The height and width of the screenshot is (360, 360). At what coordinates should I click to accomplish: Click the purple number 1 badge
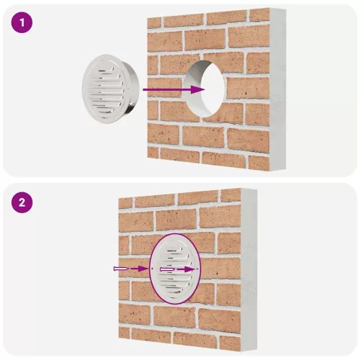[22, 22]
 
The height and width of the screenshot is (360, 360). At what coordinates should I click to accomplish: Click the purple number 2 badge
[22, 202]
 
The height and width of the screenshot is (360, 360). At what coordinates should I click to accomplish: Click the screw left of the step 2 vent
[122, 269]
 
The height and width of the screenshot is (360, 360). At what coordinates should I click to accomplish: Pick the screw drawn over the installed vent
[168, 270]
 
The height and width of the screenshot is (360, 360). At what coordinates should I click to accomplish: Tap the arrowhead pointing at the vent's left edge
[143, 269]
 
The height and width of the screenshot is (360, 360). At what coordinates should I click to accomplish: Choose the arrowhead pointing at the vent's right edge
[190, 269]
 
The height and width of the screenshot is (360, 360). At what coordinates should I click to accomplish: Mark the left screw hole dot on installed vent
[153, 269]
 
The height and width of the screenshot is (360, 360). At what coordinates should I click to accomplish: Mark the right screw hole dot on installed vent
[197, 269]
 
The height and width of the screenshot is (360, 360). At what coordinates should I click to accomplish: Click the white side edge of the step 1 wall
[278, 89]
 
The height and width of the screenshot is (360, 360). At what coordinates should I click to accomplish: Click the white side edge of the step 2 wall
[249, 269]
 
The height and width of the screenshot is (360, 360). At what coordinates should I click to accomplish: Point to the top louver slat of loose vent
[105, 70]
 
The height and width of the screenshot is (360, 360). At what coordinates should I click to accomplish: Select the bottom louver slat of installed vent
[175, 289]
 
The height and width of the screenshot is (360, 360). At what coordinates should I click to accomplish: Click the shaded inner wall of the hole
[194, 89]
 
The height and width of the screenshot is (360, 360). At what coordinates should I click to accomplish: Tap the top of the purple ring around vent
[175, 233]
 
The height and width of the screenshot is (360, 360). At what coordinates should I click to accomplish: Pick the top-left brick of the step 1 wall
[154, 23]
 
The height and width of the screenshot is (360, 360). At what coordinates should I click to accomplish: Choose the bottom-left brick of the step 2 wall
[124, 333]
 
